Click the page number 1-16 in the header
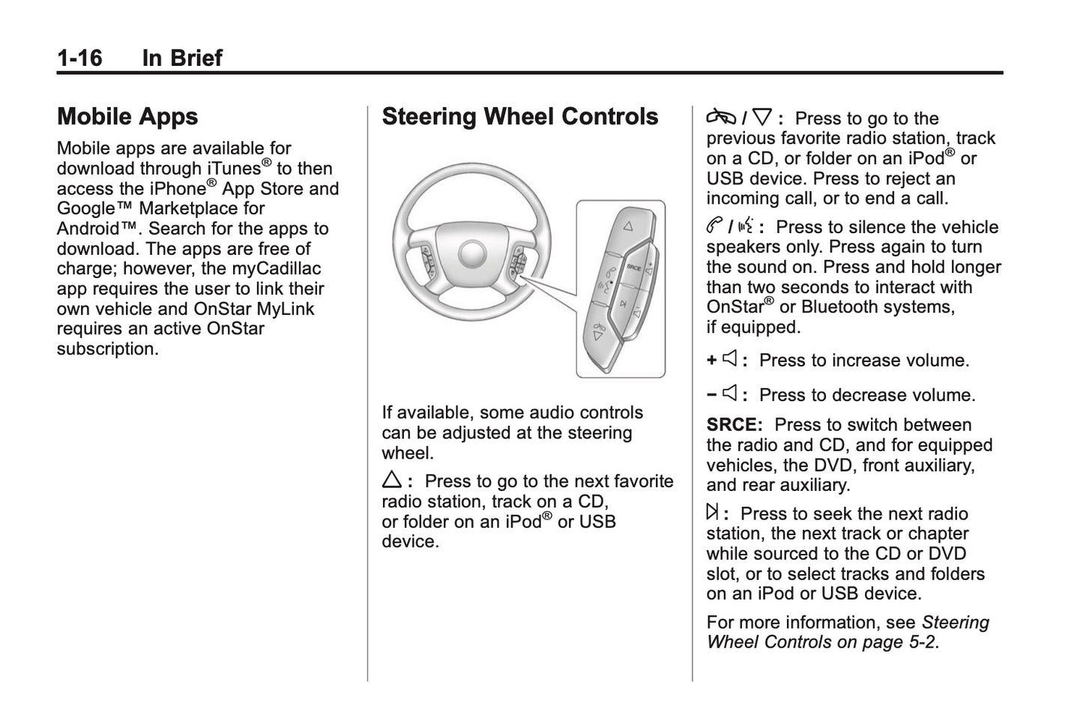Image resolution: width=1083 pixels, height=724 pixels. [x=79, y=58]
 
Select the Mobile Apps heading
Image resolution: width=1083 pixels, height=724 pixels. [x=127, y=116]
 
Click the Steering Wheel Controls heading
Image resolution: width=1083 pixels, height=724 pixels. [x=519, y=116]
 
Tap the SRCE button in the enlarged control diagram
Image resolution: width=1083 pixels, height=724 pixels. [x=634, y=267]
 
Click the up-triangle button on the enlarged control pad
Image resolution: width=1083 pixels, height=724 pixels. [x=627, y=225]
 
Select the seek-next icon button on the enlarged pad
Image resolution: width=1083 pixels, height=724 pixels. [x=622, y=304]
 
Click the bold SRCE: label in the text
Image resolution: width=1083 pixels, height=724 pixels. [x=734, y=425]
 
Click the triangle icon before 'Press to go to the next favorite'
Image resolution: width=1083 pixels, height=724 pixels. [x=392, y=481]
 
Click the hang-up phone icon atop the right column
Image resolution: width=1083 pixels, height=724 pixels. [x=721, y=118]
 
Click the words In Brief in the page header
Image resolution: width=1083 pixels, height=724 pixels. [x=182, y=58]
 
